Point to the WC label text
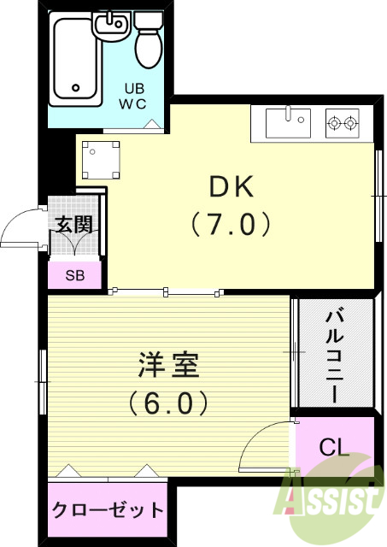137,104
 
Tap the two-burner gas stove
343,125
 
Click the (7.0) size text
231,224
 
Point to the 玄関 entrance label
73,225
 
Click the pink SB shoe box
73,275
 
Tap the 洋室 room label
168,365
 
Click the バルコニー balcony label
334,352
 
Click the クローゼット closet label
108,510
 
